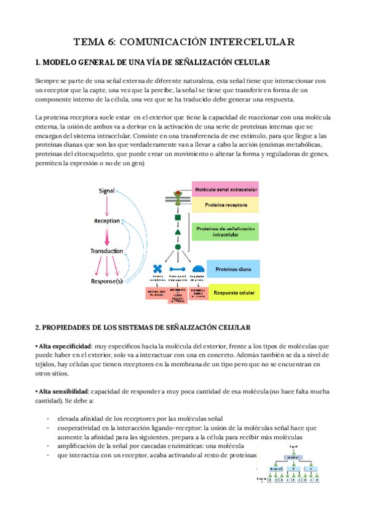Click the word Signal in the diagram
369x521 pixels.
107,191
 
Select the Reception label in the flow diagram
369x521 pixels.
107,221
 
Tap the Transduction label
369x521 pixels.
107,251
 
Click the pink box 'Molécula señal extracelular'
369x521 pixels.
226,189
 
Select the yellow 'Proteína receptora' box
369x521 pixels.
226,204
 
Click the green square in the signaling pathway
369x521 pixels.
178,217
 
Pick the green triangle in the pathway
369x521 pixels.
178,232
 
